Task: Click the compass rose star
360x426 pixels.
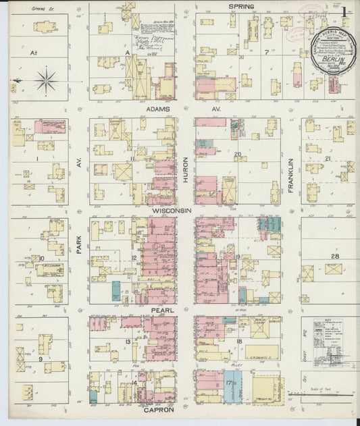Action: pos(46,81)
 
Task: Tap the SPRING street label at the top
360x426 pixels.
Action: pos(241,7)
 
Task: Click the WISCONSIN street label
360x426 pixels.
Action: pos(172,211)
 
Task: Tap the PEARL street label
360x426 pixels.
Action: pos(163,310)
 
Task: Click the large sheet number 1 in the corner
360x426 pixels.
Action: pos(345,11)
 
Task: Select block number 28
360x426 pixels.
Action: pos(334,257)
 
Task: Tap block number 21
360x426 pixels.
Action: pos(327,158)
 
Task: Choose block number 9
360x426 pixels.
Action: pos(41,359)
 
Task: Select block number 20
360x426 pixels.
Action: pos(237,154)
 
